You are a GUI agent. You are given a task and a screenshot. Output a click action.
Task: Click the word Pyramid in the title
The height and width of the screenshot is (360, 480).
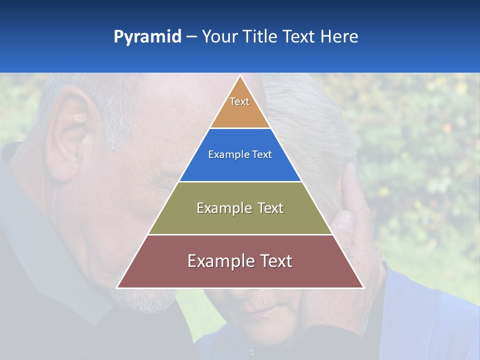[x=147, y=37]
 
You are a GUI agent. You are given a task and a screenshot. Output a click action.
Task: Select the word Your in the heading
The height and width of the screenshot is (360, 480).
[x=219, y=37]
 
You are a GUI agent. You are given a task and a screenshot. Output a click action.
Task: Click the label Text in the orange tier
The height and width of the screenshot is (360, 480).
[x=239, y=101]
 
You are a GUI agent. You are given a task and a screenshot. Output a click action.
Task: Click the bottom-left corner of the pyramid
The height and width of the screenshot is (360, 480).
[x=117, y=287]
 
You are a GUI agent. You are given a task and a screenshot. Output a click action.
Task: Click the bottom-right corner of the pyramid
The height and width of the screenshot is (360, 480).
[x=363, y=287]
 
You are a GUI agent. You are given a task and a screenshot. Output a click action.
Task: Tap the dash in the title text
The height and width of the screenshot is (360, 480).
[x=191, y=37]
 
